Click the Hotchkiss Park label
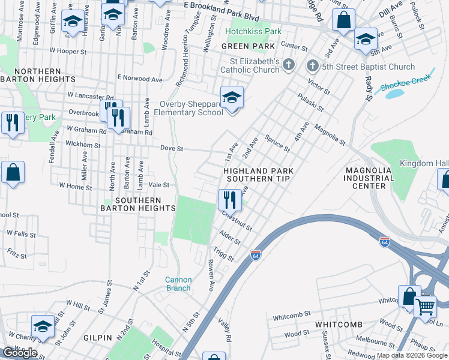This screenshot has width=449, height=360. (253, 31)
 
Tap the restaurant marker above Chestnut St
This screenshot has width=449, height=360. (230, 199)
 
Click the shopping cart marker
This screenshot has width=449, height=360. (425, 306)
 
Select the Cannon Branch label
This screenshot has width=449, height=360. (179, 284)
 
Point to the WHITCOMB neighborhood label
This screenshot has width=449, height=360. (339, 325)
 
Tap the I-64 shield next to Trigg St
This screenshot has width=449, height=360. (256, 255)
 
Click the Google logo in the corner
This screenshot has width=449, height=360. (20, 353)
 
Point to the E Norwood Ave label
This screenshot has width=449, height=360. (140, 78)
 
